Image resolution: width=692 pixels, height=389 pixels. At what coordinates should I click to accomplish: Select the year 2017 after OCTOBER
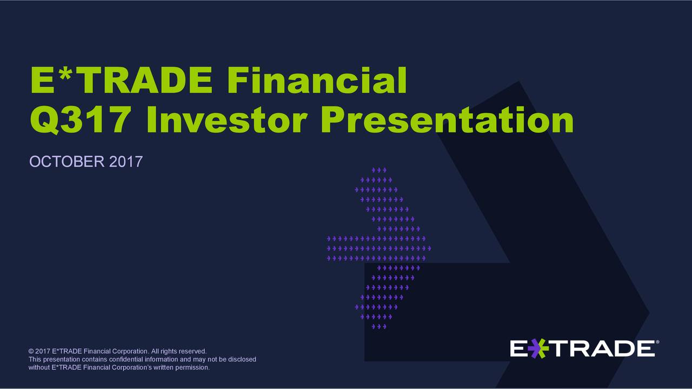126,162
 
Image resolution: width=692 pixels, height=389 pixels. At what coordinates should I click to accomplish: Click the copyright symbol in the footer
31,352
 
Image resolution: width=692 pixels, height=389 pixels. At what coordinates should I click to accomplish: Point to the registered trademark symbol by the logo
657,342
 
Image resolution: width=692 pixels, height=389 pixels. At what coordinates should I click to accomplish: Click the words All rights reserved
178,352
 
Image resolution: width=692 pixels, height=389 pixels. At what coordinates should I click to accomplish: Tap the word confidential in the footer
130,360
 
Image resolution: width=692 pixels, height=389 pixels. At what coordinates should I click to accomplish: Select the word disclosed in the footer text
242,360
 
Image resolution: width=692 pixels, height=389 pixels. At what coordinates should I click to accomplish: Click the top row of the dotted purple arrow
378,170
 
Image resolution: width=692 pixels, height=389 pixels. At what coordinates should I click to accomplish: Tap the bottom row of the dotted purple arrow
378,326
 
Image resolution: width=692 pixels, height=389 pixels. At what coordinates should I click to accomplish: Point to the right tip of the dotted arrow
429,249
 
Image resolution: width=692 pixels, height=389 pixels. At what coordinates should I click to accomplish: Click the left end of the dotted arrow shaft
329,249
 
